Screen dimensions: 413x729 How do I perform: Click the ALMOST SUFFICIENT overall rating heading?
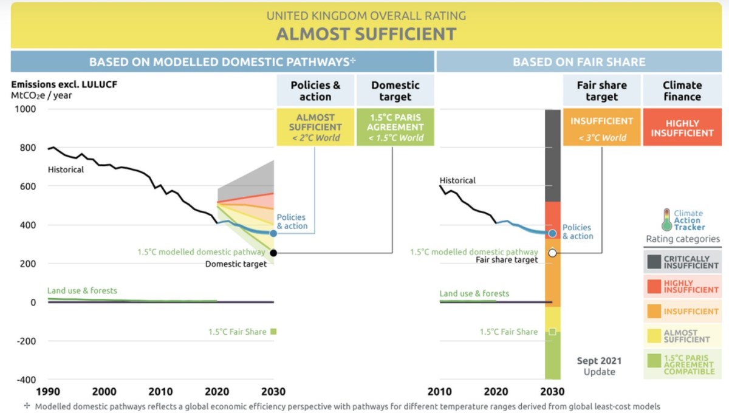coord(366,33)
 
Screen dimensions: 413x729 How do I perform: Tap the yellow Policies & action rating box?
coord(315,127)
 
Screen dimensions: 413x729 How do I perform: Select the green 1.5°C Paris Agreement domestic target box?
coord(395,127)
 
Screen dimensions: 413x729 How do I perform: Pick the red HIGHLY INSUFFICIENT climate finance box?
coord(682,128)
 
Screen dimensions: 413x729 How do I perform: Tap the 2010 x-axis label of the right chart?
coord(439,392)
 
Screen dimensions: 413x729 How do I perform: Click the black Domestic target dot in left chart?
coord(273,253)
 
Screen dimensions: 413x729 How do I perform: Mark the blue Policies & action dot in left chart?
coord(273,233)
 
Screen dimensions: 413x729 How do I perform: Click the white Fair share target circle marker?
coord(552,253)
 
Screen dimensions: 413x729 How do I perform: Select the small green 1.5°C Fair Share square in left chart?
coord(273,332)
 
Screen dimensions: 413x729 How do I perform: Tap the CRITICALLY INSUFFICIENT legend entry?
coord(683,262)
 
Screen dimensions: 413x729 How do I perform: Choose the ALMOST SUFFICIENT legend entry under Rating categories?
coord(683,336)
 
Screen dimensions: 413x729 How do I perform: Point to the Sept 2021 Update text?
coord(599,366)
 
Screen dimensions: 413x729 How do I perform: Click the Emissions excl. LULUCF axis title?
coord(64,84)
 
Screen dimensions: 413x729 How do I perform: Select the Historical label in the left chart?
coord(66,169)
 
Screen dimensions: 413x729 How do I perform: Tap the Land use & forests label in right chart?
coord(474,293)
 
